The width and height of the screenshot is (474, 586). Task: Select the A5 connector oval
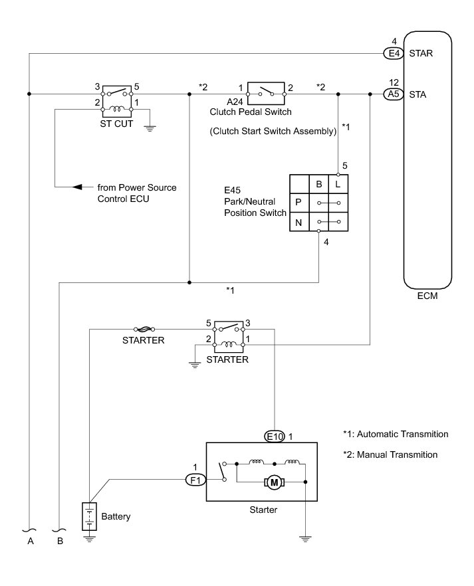click(390, 94)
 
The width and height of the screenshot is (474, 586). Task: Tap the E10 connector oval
click(274, 437)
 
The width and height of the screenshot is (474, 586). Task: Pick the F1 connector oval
click(193, 478)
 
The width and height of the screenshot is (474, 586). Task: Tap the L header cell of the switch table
click(339, 183)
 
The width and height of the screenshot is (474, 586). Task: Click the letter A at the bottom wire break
click(30, 541)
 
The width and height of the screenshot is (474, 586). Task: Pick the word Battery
click(116, 516)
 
